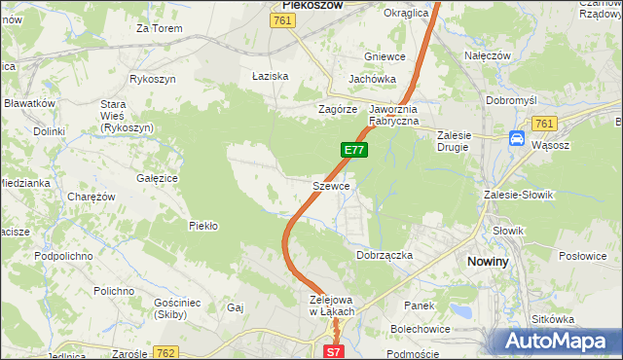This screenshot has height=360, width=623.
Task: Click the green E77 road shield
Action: click(353, 150)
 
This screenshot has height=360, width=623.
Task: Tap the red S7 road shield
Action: click(334, 352)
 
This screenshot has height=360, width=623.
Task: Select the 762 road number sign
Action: click(165, 352)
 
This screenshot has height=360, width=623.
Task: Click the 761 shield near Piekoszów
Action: click(283, 19)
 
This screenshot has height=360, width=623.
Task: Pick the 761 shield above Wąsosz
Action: click(543, 123)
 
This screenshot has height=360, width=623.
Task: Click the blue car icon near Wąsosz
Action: click(516, 139)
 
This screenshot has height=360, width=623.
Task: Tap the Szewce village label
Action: click(331, 185)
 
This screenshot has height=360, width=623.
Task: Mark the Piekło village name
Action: click(202, 226)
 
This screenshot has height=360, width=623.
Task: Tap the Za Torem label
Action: click(160, 28)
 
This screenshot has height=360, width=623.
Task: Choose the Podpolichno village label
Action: click(63, 255)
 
